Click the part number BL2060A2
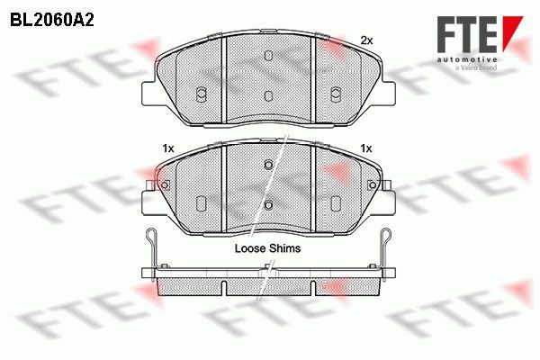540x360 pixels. click(x=52, y=21)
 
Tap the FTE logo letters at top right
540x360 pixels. click(x=467, y=34)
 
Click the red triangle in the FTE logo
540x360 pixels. click(x=512, y=30)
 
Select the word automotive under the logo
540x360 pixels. click(x=467, y=59)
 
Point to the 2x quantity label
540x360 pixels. click(x=366, y=40)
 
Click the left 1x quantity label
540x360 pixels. click(x=168, y=148)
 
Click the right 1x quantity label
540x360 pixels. click(x=366, y=148)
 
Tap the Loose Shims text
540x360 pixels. click(x=267, y=248)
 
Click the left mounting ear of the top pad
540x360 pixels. click(x=149, y=93)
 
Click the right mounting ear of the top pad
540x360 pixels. click(x=388, y=93)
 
